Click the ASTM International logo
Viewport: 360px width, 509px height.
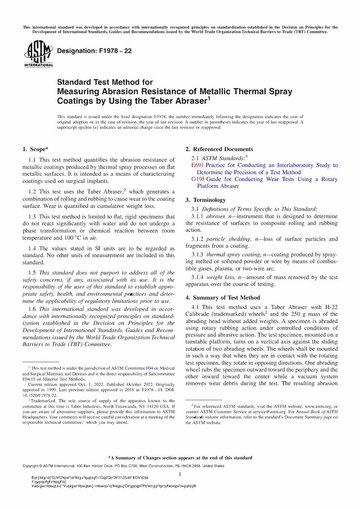pos(38,54)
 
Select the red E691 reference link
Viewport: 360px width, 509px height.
pos(197,165)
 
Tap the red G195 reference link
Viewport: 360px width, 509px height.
pos(198,179)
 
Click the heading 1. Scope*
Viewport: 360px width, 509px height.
pos(35,149)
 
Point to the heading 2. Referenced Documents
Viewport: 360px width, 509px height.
pos(219,149)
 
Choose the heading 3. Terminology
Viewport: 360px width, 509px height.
pos(205,200)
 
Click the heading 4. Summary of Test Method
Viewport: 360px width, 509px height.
pos(222,298)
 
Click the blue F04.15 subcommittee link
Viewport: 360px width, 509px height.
pos(29,379)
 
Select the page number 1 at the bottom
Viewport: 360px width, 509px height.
pos(180,475)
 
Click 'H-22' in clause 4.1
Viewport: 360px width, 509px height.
pos(331,307)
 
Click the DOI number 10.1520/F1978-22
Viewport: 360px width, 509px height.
pos(40,395)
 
